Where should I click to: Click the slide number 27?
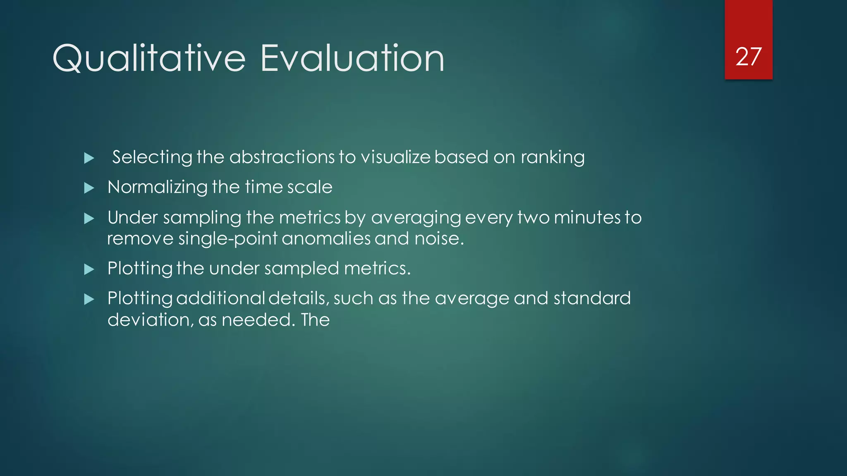coord(748,57)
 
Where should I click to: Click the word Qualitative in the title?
coord(149,59)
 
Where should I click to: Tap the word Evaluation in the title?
coord(352,59)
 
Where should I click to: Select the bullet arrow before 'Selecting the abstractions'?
coord(89,158)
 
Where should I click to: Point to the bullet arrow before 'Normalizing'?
coord(89,188)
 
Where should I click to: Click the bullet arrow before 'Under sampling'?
coord(89,218)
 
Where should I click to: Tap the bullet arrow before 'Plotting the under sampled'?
coord(89,269)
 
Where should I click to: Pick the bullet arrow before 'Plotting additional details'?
coord(89,299)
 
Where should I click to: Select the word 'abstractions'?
coord(282,157)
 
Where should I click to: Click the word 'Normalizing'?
coord(157,188)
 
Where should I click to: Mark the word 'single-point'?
coord(228,239)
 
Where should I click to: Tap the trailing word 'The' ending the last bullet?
coord(315,320)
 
